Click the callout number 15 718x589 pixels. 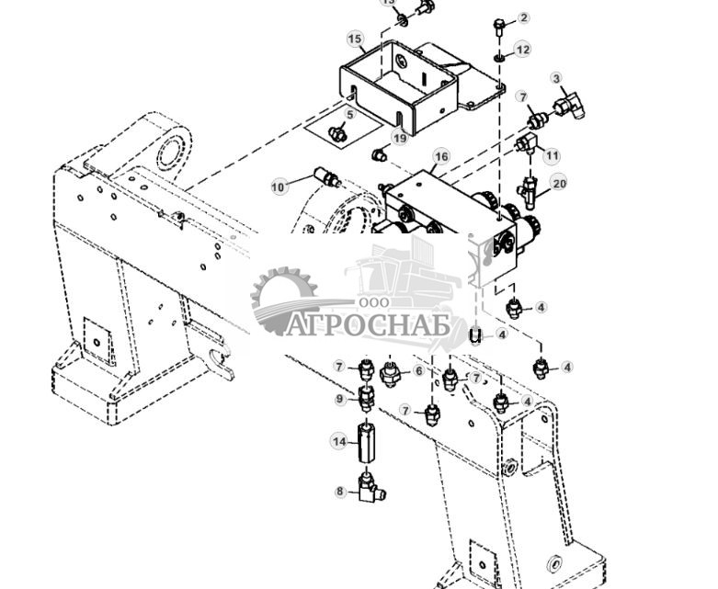click(355, 39)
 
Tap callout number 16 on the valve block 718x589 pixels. click(441, 157)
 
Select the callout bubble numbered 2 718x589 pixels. click(524, 17)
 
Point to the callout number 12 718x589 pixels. click(522, 50)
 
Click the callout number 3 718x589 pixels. click(556, 80)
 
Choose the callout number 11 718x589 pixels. click(552, 155)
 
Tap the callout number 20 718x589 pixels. click(559, 184)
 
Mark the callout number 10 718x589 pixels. click(279, 187)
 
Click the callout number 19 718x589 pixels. click(399, 139)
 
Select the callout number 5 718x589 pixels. click(349, 115)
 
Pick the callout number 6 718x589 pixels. click(418, 370)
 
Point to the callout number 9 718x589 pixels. click(339, 399)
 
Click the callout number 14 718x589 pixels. click(339, 442)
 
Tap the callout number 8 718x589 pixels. click(339, 492)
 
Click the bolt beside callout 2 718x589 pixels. click(498, 26)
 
